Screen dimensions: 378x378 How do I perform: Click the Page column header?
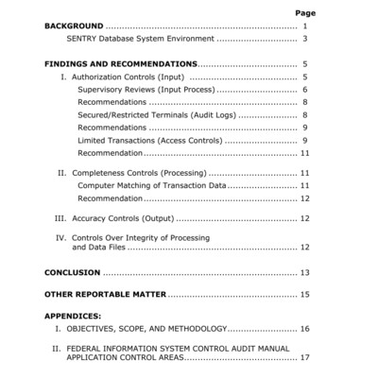[305, 13]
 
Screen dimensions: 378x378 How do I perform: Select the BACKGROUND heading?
[74, 26]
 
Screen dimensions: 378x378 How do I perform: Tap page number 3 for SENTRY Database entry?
[306, 41]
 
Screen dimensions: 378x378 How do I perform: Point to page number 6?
[306, 89]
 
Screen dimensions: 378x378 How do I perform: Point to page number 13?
[305, 272]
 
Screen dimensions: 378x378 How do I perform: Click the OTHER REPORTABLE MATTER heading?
[105, 295]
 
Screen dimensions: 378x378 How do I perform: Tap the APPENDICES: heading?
[73, 316]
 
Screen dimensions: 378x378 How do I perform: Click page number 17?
[305, 357]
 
